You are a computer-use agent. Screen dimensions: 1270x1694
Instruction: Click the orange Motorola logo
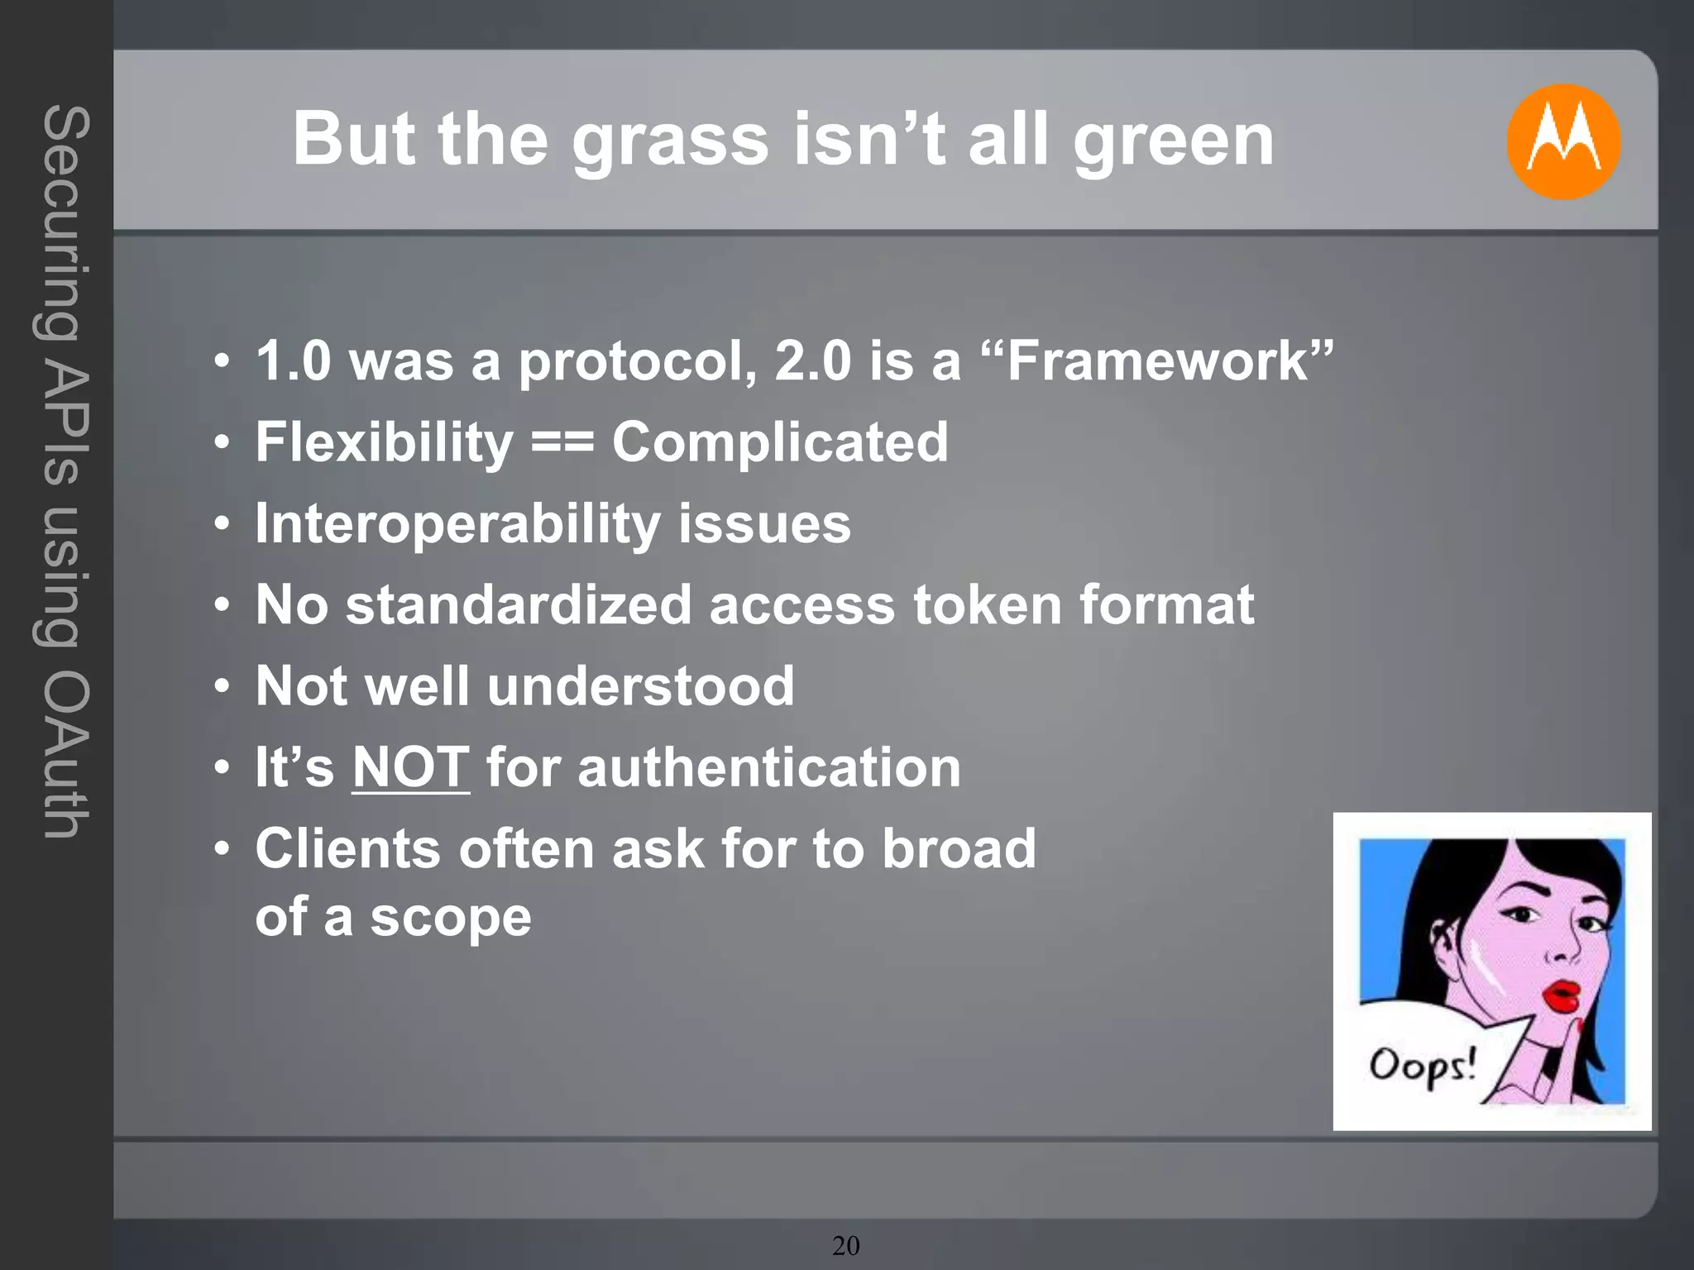coord(1562,141)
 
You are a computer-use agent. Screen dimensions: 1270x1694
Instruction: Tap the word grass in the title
coord(670,141)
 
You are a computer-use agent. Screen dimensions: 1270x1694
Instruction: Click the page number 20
coord(846,1245)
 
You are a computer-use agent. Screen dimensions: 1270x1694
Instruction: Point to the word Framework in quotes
coord(1157,361)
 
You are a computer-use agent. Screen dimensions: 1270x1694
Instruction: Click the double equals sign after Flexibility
coord(562,442)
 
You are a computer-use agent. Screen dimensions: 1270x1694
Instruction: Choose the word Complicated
coord(780,442)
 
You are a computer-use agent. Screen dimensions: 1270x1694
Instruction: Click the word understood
coord(640,685)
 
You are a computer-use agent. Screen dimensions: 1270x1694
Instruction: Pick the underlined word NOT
coord(411,767)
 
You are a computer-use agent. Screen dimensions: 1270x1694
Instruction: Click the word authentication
coord(769,767)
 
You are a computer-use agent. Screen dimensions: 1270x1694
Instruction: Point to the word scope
coord(451,918)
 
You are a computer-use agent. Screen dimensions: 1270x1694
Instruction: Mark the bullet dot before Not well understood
coord(221,686)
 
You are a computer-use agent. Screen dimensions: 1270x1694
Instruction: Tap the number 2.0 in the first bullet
coord(812,361)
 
